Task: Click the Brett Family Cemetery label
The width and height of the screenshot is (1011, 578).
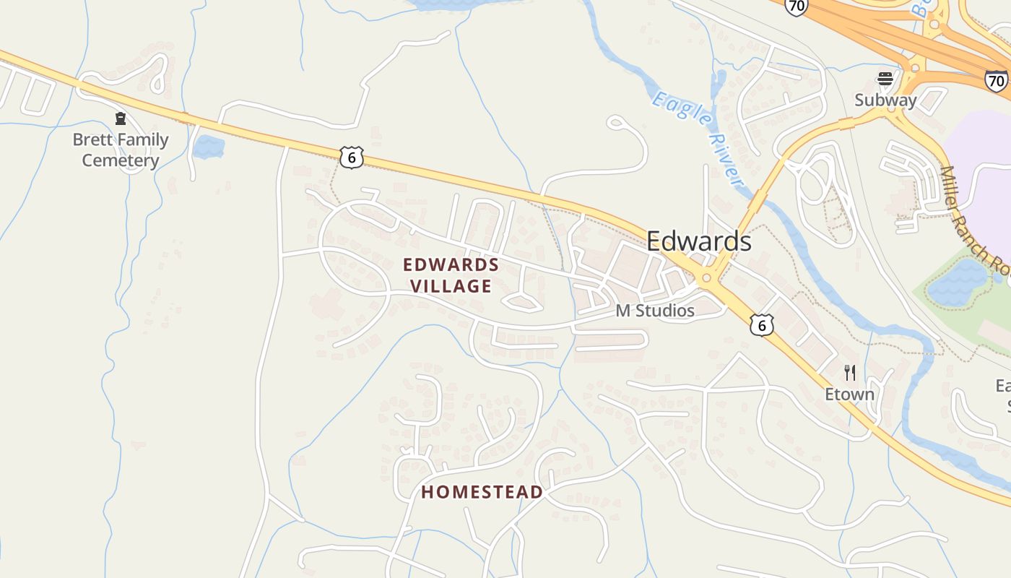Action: [x=121, y=150]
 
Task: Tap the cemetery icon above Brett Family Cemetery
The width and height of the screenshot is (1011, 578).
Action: [x=121, y=118]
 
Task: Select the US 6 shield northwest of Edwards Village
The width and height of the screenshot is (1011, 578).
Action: [x=351, y=157]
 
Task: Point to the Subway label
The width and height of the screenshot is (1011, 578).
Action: [x=885, y=100]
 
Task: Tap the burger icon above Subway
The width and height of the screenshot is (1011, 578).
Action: [x=885, y=79]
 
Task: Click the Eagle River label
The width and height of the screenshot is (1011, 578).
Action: [x=697, y=138]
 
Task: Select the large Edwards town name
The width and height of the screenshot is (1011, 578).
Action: [x=698, y=241]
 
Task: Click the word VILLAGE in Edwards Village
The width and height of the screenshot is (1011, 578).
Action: [x=451, y=286]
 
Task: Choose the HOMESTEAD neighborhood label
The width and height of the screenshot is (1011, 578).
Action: [x=482, y=492]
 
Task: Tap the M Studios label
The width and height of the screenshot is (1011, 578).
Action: [x=655, y=311]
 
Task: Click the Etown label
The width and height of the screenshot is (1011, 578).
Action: [x=850, y=394]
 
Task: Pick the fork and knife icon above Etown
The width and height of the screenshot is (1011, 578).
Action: [x=850, y=373]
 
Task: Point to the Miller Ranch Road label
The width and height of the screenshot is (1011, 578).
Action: [x=974, y=217]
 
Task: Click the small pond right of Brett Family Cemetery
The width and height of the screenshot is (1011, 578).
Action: [x=208, y=147]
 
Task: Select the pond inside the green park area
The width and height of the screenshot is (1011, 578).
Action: [x=957, y=282]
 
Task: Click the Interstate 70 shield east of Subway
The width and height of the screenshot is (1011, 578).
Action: [x=996, y=80]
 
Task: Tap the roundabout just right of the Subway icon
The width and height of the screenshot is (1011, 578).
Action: [x=915, y=69]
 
